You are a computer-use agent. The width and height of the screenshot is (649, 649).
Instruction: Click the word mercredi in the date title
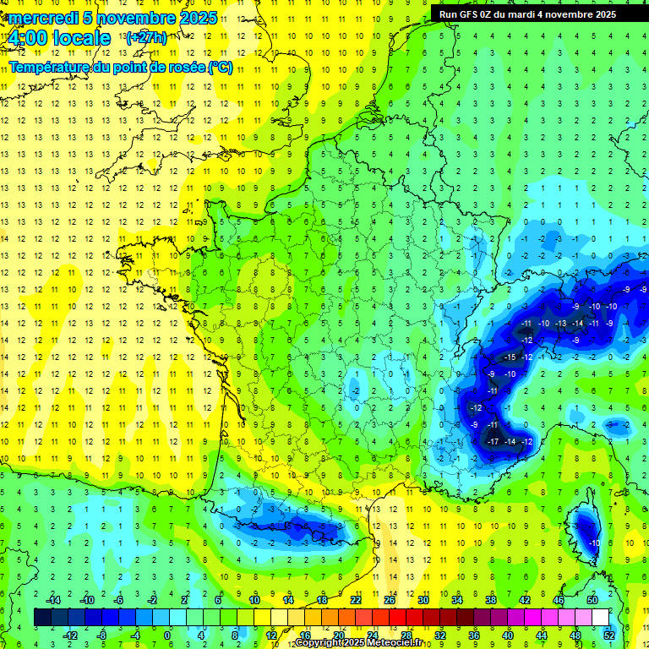(40, 18)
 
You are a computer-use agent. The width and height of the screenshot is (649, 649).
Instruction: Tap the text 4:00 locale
(58, 38)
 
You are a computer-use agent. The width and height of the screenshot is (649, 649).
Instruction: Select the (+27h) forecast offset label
(145, 37)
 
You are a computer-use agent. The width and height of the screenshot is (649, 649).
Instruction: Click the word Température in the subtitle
(50, 68)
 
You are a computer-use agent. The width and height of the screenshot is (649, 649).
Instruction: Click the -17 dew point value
(493, 442)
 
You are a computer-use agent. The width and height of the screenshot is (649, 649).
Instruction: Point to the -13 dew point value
(560, 324)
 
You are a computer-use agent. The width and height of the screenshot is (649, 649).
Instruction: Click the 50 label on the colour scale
(592, 599)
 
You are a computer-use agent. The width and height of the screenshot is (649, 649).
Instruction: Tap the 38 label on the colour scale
(491, 599)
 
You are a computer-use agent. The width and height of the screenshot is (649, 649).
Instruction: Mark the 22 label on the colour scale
(356, 599)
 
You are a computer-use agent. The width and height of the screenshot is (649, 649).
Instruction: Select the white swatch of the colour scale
(601, 618)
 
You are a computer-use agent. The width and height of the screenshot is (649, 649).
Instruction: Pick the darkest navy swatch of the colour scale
(42, 618)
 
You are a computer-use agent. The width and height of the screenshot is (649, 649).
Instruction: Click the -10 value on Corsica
(594, 543)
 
